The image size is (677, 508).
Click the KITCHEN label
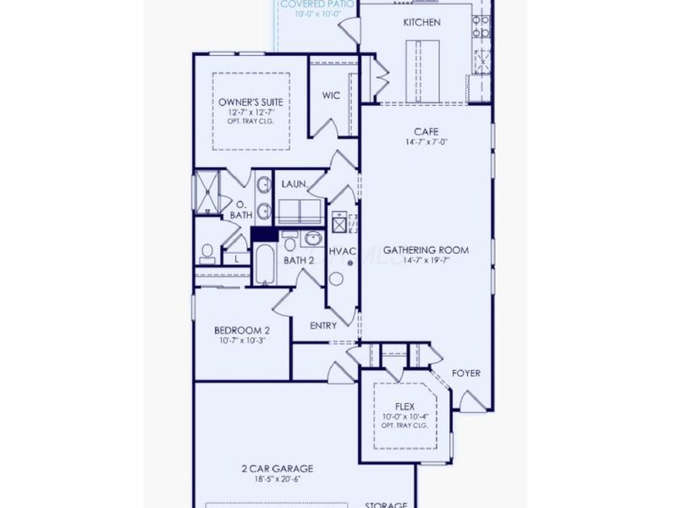421,22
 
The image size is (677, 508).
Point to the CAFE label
425,131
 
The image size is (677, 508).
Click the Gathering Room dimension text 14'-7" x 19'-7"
426,262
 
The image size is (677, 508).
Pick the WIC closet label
331,96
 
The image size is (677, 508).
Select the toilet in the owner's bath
206,253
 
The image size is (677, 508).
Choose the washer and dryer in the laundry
300,212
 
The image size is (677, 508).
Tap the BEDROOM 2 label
241,330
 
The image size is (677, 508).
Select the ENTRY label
322,325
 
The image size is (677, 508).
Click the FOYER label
467,373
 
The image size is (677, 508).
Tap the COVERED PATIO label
316,4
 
